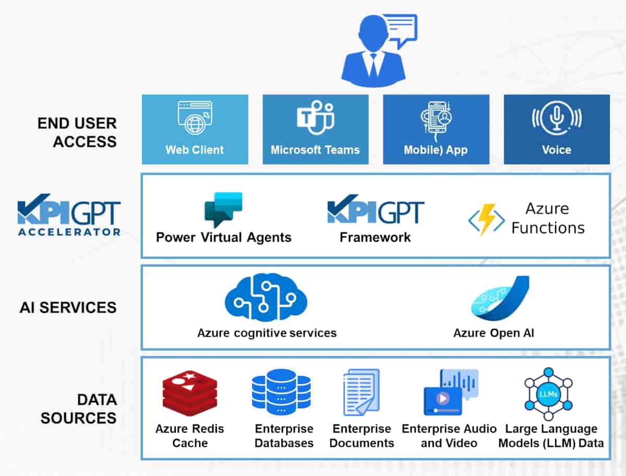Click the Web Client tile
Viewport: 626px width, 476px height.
pyautogui.click(x=195, y=129)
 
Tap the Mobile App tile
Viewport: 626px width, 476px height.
pyautogui.click(x=436, y=129)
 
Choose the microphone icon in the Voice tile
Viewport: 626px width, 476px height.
pyautogui.click(x=556, y=117)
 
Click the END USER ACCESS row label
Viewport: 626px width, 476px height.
pyautogui.click(x=77, y=133)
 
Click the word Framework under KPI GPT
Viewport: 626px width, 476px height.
pyautogui.click(x=375, y=238)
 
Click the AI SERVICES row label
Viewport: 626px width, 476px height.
pyautogui.click(x=68, y=307)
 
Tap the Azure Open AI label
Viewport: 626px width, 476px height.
pyautogui.click(x=493, y=333)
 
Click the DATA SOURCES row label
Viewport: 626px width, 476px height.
pyautogui.click(x=78, y=409)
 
